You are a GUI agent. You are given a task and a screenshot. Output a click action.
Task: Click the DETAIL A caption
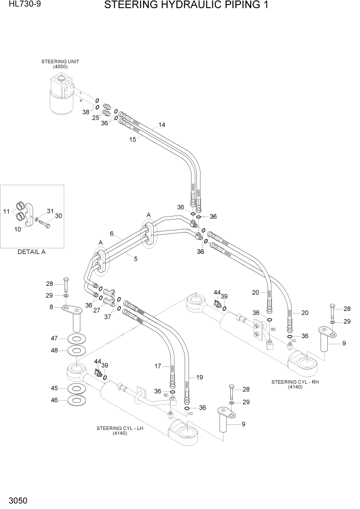(32, 252)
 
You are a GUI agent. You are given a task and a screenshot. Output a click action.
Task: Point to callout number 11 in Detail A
(6, 211)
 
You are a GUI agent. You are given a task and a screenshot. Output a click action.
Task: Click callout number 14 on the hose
(162, 125)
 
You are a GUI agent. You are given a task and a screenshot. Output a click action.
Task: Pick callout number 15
(132, 140)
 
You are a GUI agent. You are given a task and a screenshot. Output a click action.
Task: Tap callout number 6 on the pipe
(111, 233)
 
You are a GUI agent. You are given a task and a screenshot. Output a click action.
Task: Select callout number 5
(135, 259)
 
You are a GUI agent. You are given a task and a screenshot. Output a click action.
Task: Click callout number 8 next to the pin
(51, 307)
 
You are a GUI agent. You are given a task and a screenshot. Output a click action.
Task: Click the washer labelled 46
(76, 400)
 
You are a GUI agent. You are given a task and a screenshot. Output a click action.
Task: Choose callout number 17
(158, 366)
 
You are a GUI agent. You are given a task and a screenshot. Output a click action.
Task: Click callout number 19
(199, 377)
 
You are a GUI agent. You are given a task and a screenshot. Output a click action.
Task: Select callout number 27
(96, 310)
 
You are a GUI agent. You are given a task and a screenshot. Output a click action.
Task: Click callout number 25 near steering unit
(95, 118)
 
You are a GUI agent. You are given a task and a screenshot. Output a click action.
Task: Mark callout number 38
(86, 111)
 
